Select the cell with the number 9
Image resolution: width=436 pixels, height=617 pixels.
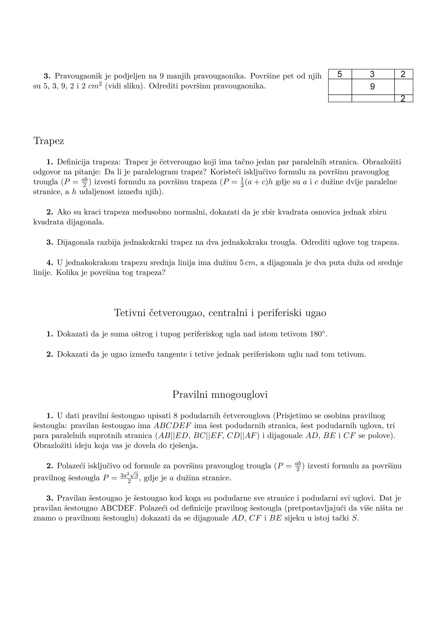372,87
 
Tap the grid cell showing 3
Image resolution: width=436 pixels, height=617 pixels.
372,74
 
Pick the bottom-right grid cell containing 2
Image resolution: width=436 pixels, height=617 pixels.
403,99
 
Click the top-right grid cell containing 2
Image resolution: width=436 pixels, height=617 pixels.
403,74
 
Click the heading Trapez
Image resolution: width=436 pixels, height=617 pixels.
49,141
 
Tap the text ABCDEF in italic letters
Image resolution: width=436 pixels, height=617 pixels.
172,426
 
